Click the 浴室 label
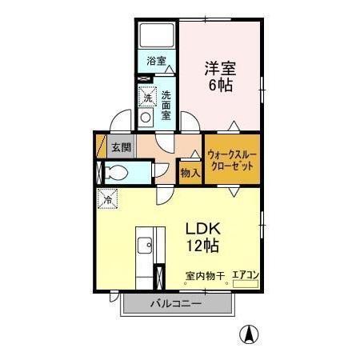(156, 61)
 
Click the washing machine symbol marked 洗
(146, 98)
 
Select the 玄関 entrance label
(121, 146)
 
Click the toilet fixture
(114, 171)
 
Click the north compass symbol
(250, 335)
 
